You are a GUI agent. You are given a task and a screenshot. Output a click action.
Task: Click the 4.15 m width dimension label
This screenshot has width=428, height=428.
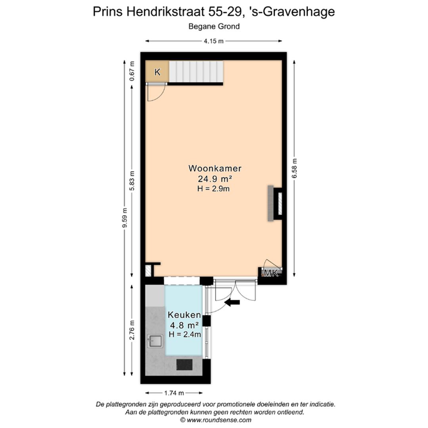(x=214, y=41)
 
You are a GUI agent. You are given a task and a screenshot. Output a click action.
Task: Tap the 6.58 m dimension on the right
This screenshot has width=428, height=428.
(x=294, y=168)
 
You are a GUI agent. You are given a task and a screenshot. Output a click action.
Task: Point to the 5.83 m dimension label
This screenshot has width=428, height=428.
(x=132, y=181)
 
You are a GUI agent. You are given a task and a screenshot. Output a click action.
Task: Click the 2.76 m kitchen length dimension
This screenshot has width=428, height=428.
(x=132, y=330)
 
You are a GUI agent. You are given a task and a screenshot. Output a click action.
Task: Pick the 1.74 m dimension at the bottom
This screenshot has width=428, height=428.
(x=174, y=393)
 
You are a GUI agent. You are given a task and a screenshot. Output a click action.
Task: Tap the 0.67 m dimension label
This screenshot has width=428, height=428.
(x=132, y=71)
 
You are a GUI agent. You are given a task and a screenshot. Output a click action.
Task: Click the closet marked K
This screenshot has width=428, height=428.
(x=157, y=72)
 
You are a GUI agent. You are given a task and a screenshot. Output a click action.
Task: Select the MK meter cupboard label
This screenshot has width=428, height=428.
(x=271, y=273)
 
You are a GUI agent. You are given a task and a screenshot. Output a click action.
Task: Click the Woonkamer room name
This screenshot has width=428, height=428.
(x=215, y=168)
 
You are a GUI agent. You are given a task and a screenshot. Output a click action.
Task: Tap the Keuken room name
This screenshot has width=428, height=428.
(x=184, y=315)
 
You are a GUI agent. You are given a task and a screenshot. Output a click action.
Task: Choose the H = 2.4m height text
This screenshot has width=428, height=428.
(x=185, y=334)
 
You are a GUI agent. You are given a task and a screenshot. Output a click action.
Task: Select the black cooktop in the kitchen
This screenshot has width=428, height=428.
(x=185, y=364)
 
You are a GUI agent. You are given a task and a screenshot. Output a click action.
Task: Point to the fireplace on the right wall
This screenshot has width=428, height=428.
(x=275, y=203)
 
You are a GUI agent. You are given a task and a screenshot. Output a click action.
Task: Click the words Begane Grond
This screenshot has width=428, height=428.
(x=214, y=27)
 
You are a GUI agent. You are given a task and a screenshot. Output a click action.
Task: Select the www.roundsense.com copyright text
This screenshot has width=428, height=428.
(x=216, y=420)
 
